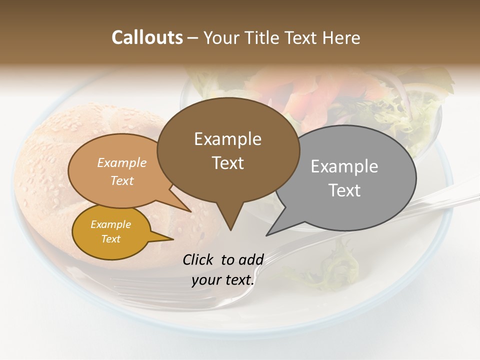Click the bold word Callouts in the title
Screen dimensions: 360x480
[147, 37]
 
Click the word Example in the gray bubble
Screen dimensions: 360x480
[344, 166]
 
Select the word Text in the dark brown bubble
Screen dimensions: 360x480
[228, 163]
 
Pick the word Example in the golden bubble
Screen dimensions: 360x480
[110, 224]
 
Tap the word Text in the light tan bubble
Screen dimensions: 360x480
[122, 180]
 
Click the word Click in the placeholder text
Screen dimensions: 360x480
[199, 259]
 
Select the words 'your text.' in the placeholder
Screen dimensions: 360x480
[223, 280]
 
